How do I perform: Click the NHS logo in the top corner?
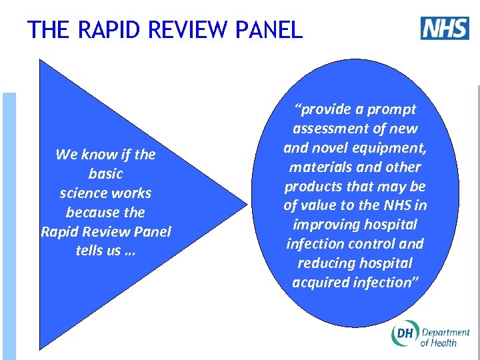(445, 28)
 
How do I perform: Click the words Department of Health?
(445, 337)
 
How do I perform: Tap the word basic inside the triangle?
(105, 174)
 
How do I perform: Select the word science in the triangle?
(85, 193)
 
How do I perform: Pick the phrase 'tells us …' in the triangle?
(105, 251)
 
